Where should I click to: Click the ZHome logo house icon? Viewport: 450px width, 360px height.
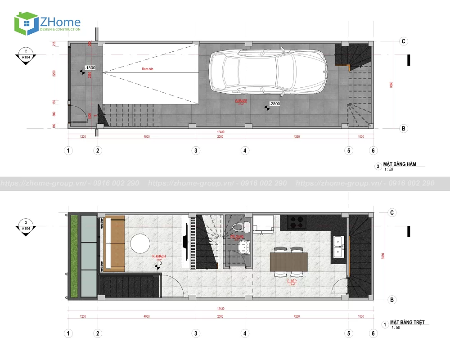coord(26,23)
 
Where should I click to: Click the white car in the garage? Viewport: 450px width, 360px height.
coord(269,72)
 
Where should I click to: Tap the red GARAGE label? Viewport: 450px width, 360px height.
coord(241,101)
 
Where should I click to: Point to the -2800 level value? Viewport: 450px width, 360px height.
coord(275,104)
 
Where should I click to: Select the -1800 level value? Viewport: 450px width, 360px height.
coord(90,68)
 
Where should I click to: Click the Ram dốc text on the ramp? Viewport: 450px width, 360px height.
coord(148,69)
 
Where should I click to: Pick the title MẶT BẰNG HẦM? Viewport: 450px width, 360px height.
coord(399,165)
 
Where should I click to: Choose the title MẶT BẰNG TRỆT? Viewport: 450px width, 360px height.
coord(407,323)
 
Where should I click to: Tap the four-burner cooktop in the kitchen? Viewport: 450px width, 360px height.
coord(296,221)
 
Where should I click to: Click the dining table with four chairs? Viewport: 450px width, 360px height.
coord(288,261)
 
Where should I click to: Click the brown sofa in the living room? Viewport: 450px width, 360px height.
coord(114,244)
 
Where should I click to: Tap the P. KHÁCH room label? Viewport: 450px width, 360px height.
coord(159,256)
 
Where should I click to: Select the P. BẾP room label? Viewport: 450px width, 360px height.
coord(292,281)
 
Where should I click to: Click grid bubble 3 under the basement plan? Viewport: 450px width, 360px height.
coord(196,151)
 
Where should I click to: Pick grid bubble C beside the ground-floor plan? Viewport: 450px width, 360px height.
coord(392,213)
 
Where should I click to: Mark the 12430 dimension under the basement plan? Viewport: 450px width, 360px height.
coord(220,131)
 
